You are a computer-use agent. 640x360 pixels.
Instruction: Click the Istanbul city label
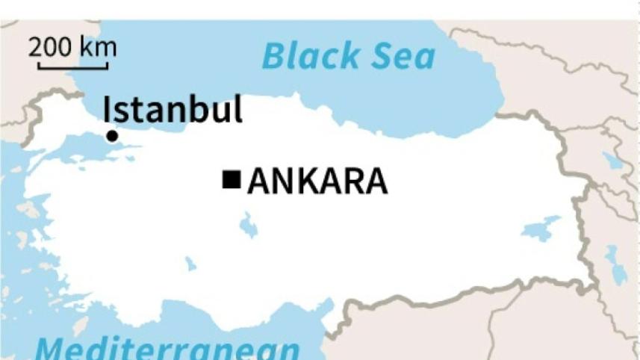click(173, 109)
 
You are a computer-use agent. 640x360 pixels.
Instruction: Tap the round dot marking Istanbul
click(111, 135)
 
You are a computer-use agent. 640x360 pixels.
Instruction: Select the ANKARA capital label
click(317, 181)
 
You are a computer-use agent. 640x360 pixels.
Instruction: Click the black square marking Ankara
click(232, 179)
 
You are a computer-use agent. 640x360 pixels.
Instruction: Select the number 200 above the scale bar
click(52, 47)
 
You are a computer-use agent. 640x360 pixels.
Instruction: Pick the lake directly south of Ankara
click(248, 224)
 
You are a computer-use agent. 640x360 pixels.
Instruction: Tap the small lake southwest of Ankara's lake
click(190, 264)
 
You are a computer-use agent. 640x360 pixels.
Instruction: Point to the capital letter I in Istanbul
click(106, 109)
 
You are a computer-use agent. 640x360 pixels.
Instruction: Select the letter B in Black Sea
click(273, 57)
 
